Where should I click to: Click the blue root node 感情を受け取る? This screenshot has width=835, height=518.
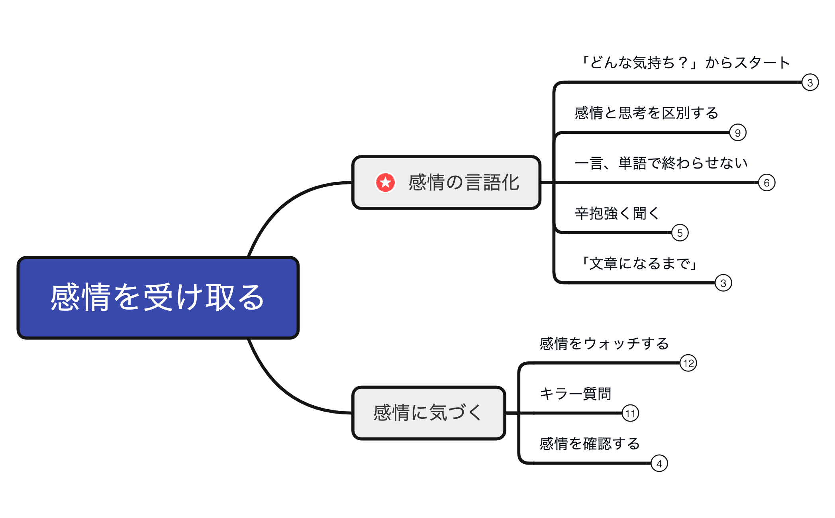click(x=158, y=297)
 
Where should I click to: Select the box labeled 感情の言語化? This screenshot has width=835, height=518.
click(x=446, y=182)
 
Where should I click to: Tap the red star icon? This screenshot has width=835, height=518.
click(x=385, y=182)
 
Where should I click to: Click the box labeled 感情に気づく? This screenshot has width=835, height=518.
click(x=429, y=413)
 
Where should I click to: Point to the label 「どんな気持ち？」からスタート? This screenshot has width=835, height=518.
click(x=684, y=63)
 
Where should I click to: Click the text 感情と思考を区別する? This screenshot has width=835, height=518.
click(x=646, y=113)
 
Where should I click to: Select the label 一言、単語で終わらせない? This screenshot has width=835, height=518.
click(x=661, y=163)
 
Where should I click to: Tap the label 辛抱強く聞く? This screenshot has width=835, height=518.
click(x=617, y=213)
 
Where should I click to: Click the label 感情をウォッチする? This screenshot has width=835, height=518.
click(x=604, y=343)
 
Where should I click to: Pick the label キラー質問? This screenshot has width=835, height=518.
click(x=575, y=394)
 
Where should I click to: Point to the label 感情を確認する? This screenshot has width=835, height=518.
click(x=590, y=444)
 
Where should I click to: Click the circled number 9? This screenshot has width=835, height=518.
click(x=737, y=133)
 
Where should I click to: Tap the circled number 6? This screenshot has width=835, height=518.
click(x=766, y=183)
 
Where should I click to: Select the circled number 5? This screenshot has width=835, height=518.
click(x=680, y=233)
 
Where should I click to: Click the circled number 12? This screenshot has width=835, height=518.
click(x=688, y=363)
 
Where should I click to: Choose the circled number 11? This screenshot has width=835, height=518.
click(x=630, y=413)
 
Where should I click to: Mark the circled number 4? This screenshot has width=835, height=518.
click(x=659, y=463)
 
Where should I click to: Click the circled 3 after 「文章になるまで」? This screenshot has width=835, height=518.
click(x=723, y=283)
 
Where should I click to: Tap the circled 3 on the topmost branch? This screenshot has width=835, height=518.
click(x=810, y=82)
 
